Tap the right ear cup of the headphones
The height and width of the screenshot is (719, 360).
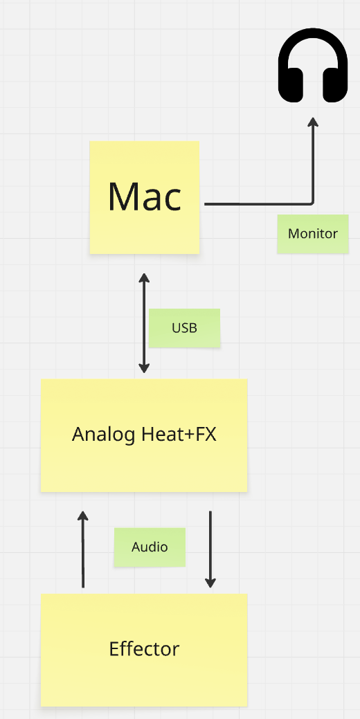(335, 85)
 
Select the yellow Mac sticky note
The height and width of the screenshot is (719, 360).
(145, 197)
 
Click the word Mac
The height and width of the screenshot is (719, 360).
(145, 197)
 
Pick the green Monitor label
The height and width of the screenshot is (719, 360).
(313, 234)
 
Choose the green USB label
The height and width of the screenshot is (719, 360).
(184, 328)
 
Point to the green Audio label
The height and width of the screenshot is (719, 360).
(150, 547)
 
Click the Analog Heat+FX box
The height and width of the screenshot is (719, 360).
(144, 435)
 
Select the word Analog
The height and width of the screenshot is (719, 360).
(103, 435)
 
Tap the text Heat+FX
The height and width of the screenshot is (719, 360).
(179, 434)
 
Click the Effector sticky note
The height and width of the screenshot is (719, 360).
(144, 650)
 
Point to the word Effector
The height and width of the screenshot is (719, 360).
(144, 649)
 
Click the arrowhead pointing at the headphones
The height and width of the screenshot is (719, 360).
(313, 122)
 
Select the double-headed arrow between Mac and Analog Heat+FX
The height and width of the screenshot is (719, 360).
(145, 323)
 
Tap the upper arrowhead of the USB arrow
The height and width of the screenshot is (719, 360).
(145, 278)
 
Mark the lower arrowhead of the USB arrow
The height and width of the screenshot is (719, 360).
(145, 368)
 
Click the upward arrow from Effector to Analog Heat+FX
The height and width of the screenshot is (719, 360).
(82, 549)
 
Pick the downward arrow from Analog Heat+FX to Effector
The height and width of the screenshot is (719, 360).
(210, 549)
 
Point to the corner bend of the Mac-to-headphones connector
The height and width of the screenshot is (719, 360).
(313, 203)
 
